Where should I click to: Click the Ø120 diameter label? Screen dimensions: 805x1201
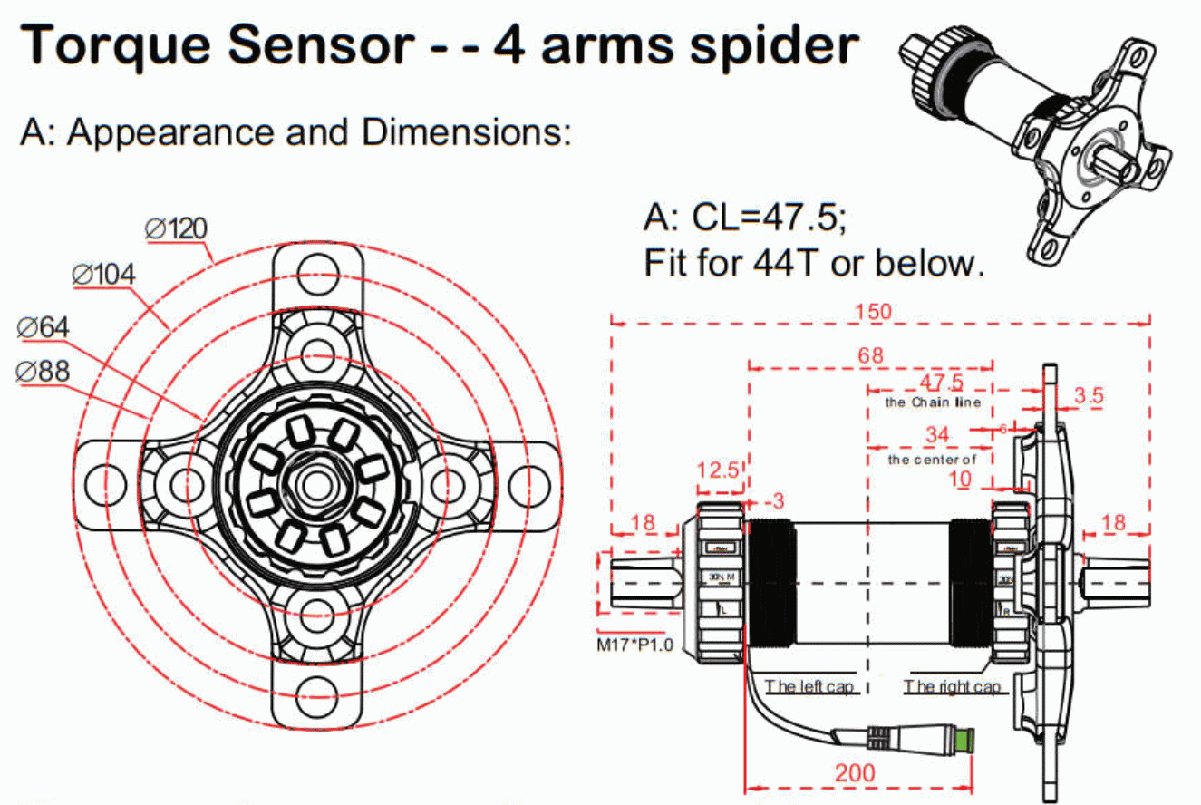coord(177,228)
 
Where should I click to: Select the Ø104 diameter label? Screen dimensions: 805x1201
coord(103,273)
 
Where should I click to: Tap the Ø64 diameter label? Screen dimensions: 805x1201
coord(43,327)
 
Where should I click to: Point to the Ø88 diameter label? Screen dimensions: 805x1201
coord(43,371)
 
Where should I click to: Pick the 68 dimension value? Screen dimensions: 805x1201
coord(870,355)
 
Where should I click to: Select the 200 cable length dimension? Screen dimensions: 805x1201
coord(856,772)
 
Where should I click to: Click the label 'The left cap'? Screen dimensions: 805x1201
coord(810,686)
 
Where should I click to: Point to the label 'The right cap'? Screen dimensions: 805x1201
coord(952,686)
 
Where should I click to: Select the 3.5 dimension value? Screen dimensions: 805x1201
coord(1088,396)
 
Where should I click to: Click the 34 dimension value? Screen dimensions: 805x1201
coord(936,436)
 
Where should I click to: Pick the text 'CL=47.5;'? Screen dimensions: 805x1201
coord(770,218)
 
